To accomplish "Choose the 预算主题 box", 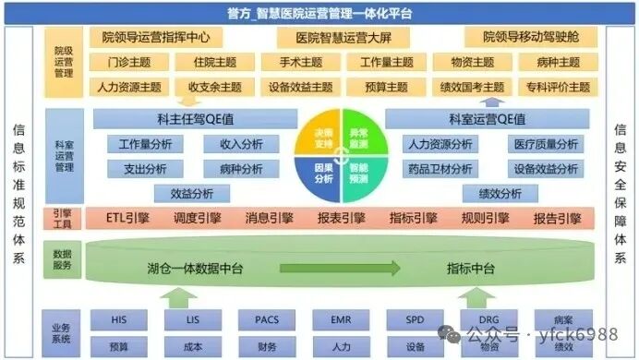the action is (382, 88).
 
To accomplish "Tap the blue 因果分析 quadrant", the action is (320, 173).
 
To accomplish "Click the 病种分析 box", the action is (241, 169).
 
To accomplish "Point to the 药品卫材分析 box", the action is (439, 169).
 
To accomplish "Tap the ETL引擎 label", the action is (127, 219).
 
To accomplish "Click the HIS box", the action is (118, 319).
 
